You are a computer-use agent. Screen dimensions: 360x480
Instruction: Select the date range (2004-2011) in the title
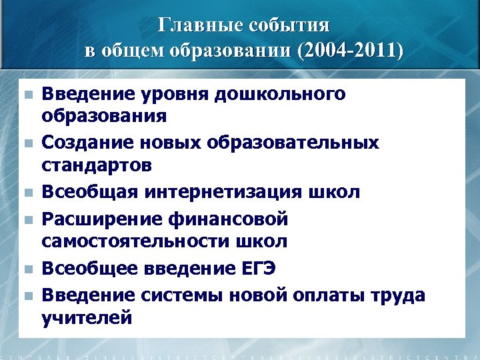pyautogui.click(x=351, y=50)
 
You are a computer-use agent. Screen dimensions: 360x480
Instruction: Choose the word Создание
pyautogui.click(x=84, y=143)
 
